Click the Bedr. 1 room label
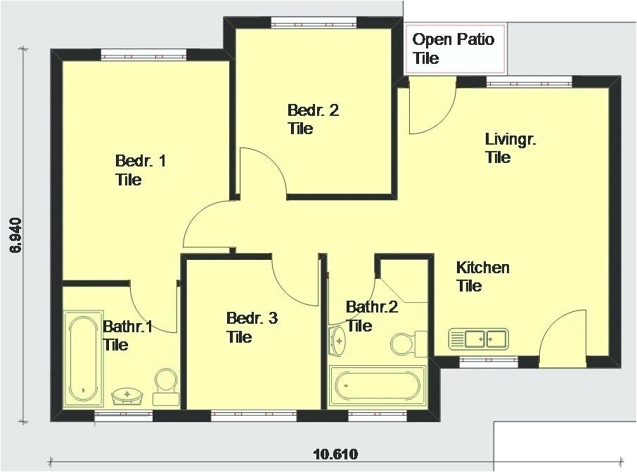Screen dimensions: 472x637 pos(140,171)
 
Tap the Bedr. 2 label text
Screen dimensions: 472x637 pos(312,119)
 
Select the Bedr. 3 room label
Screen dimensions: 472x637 pos(251,327)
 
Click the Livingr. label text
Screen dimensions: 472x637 pos(510,147)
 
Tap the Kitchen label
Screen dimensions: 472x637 pos(482,277)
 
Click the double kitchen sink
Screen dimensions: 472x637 pos(478,339)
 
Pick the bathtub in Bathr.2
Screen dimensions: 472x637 pos(378,385)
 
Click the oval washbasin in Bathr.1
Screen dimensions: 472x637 pos(128,396)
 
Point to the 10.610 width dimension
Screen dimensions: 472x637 pos(335,454)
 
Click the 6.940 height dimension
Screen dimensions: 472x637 pos(17,235)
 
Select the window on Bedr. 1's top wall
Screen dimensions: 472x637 pos(143,55)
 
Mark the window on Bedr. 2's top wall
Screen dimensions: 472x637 pos(312,23)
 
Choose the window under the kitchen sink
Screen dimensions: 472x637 pos(478,362)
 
